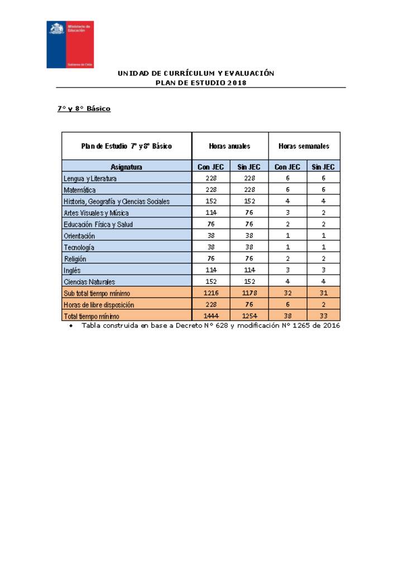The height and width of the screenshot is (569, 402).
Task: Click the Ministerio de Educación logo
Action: (70, 44)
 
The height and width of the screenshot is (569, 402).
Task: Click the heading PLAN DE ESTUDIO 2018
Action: (201, 83)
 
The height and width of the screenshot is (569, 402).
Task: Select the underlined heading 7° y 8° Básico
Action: (84, 108)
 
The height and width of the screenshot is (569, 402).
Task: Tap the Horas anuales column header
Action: (229, 146)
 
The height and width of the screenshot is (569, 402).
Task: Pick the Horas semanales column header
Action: (304, 146)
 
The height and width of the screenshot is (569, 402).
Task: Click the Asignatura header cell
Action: (126, 167)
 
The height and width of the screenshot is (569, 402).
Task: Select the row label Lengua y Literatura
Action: (90, 179)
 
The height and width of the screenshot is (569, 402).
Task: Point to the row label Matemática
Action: (80, 190)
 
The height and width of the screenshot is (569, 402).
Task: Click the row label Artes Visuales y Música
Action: (96, 213)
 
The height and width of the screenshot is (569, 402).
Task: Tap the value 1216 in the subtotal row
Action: (211, 293)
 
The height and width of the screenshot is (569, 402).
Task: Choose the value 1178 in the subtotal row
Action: (249, 293)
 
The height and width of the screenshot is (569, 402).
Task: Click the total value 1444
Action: (211, 317)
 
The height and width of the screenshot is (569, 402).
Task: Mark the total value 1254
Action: (249, 317)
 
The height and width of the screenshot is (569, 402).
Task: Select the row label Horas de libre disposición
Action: (99, 305)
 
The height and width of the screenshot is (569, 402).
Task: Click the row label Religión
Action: (75, 259)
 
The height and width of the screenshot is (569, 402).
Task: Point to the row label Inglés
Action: (73, 270)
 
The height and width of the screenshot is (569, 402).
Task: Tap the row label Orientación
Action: (79, 236)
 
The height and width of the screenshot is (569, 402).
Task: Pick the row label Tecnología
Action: (79, 247)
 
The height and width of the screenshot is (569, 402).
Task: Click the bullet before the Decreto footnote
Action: (71, 326)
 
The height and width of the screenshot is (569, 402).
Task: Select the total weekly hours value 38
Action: (288, 317)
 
